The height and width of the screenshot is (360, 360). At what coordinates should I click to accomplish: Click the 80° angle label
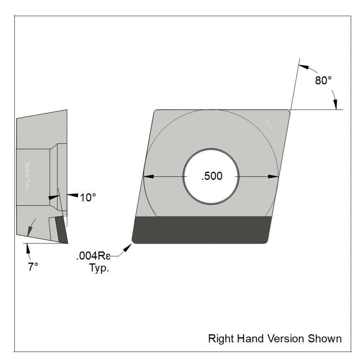tap(323, 81)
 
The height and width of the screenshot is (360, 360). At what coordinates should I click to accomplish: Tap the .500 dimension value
tap(212, 176)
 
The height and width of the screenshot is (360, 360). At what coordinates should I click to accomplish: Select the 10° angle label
tap(88, 198)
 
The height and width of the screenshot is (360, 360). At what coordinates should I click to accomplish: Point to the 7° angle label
tap(33, 267)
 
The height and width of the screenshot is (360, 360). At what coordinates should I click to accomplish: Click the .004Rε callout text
tap(94, 256)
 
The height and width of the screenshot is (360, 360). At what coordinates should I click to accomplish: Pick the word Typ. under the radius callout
tap(99, 268)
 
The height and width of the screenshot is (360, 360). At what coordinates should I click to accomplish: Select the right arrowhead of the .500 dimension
tap(273, 176)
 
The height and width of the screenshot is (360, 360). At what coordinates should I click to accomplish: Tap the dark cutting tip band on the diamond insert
tap(200, 230)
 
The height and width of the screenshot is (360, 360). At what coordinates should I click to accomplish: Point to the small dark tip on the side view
tap(61, 229)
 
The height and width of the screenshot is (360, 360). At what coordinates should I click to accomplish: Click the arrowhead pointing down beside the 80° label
tap(336, 104)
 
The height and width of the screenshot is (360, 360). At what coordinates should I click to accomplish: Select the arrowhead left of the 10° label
tap(73, 195)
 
